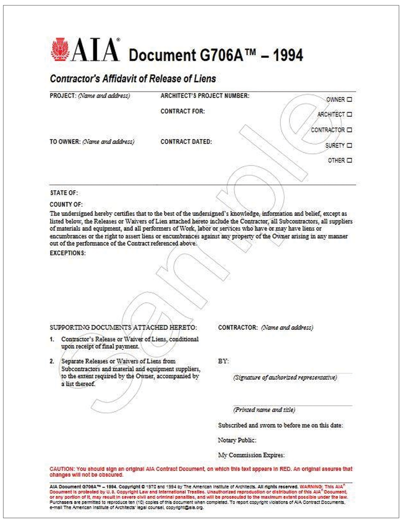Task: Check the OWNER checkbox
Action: (349, 100)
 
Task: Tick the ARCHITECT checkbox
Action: (349, 115)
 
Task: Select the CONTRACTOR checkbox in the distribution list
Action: (349, 130)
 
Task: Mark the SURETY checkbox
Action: (349, 146)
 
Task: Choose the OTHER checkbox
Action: (349, 161)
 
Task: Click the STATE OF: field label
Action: (64, 193)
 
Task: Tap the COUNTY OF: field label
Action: (66, 204)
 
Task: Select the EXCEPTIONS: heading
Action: (68, 253)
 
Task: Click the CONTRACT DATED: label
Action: (186, 142)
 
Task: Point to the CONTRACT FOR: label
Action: (183, 111)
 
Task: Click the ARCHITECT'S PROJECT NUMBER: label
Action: (205, 96)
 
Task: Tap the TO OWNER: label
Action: (65, 142)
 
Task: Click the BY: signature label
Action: (223, 361)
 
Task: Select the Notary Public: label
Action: (237, 440)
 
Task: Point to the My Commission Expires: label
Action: (251, 455)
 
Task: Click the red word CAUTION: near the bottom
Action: (62, 469)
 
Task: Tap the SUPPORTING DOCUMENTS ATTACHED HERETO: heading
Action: (123, 328)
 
